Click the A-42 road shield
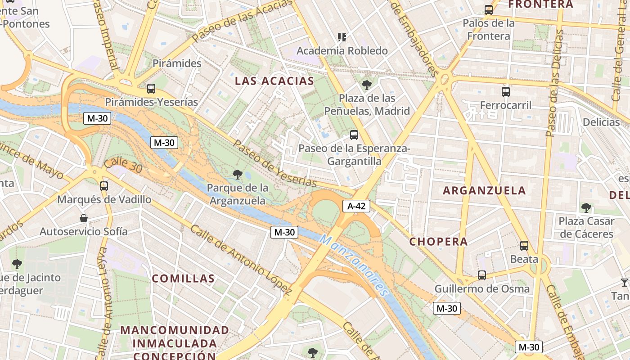click(356, 206)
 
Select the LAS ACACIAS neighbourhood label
click(274, 81)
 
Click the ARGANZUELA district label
click(484, 190)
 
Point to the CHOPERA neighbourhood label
click(438, 242)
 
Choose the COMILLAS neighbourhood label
click(183, 279)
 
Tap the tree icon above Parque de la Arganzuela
click(237, 174)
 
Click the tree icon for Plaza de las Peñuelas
click(367, 85)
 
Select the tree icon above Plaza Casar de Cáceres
click(586, 207)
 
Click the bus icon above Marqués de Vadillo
click(104, 186)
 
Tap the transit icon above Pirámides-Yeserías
click(151, 89)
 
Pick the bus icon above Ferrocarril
click(506, 92)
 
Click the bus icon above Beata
click(524, 245)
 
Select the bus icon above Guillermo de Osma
click(482, 275)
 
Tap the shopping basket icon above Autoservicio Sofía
click(84, 219)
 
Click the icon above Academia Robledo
click(342, 37)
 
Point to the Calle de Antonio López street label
click(241, 258)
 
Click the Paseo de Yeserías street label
click(275, 163)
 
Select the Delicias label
click(601, 122)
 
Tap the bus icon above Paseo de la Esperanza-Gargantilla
click(354, 135)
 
